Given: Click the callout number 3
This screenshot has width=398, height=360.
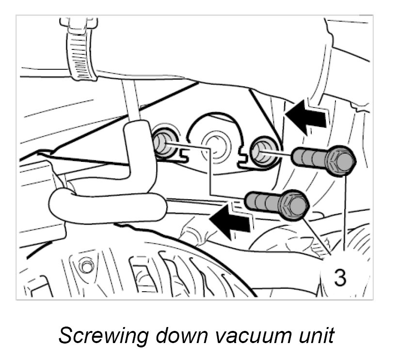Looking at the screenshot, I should pos(340,277).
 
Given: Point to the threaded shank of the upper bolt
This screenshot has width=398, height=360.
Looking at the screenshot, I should pos(309,157).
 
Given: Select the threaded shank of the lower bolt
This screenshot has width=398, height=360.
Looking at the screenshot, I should pos(261,201).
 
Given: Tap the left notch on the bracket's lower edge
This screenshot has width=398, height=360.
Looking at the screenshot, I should pos(183,156).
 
